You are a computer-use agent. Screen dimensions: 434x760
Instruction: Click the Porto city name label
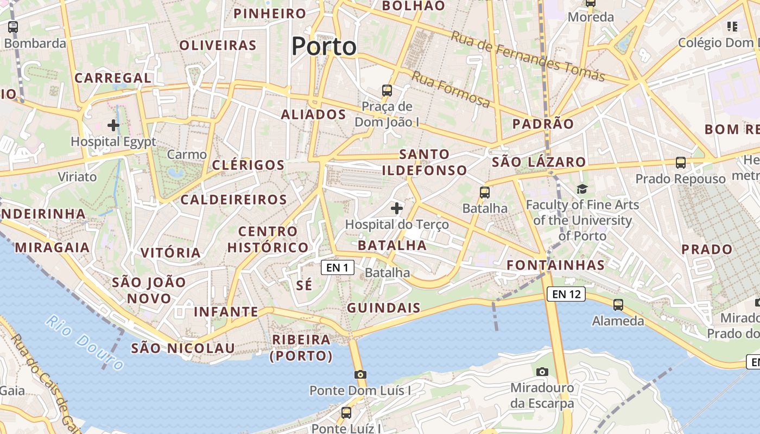tap(324, 47)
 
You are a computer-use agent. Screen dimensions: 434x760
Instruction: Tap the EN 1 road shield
tap(338, 267)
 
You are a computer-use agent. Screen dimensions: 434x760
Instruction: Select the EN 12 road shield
tap(566, 294)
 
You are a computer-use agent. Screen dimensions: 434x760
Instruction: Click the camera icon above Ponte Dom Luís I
tap(360, 374)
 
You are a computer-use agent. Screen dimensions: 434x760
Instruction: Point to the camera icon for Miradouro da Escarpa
tap(542, 372)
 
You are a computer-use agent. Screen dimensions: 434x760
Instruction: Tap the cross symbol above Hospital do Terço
tap(397, 208)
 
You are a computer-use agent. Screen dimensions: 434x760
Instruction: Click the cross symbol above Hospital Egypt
tap(113, 125)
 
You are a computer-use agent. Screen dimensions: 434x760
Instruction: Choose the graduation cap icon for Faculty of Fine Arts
tap(582, 189)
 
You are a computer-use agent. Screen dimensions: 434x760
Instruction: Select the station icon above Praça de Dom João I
tap(387, 90)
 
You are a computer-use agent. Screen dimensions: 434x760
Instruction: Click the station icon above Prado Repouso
tap(680, 162)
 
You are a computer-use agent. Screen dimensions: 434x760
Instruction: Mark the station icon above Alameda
tap(618, 304)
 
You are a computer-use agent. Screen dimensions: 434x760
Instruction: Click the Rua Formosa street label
tap(451, 90)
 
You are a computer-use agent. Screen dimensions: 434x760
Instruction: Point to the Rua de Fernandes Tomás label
tap(528, 56)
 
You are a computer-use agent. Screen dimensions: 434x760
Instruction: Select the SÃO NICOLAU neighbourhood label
tap(183, 348)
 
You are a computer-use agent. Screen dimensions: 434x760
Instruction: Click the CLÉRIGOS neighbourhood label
tap(248, 165)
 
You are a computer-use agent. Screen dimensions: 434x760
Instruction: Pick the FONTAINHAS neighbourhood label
tap(555, 265)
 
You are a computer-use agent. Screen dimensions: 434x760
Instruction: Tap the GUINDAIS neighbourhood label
tap(384, 308)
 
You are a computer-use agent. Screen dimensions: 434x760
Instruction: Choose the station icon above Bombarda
tap(12, 27)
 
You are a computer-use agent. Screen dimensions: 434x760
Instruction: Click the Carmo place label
tap(187, 155)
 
